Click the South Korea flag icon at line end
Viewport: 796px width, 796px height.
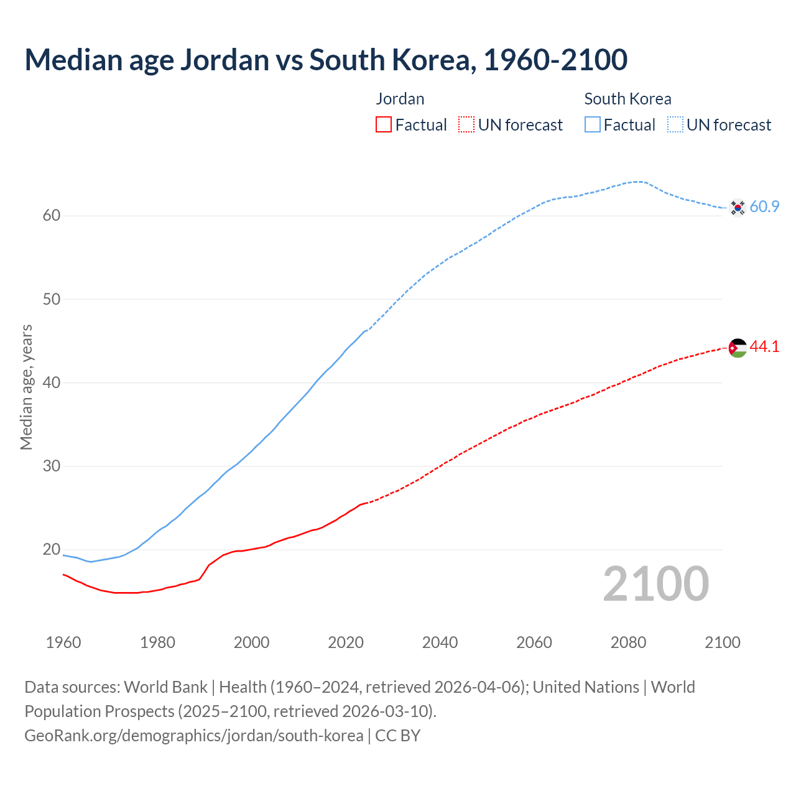[738, 207]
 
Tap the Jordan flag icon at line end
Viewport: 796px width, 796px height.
[738, 348]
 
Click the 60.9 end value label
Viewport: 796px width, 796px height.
[764, 206]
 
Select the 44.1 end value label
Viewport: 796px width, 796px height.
[764, 346]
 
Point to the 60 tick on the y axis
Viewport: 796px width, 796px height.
[52, 216]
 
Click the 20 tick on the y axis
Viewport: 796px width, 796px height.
[52, 549]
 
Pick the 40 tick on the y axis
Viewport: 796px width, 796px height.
[52, 382]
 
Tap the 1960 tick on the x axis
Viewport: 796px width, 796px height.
[63, 642]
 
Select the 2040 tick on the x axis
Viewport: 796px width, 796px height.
[440, 642]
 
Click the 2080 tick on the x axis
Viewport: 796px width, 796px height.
[628, 642]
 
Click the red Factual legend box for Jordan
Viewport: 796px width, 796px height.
[384, 125]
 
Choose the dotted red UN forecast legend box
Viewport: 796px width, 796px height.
[466, 125]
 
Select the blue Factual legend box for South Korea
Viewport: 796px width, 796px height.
[593, 125]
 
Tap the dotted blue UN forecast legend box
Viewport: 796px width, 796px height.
[675, 125]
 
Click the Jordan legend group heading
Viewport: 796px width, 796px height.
[400, 99]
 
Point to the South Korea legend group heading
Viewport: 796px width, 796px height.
[627, 99]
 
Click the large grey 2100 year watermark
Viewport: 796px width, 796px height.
[656, 584]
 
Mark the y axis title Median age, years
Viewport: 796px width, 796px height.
[26, 387]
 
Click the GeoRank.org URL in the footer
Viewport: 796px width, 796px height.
[194, 736]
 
